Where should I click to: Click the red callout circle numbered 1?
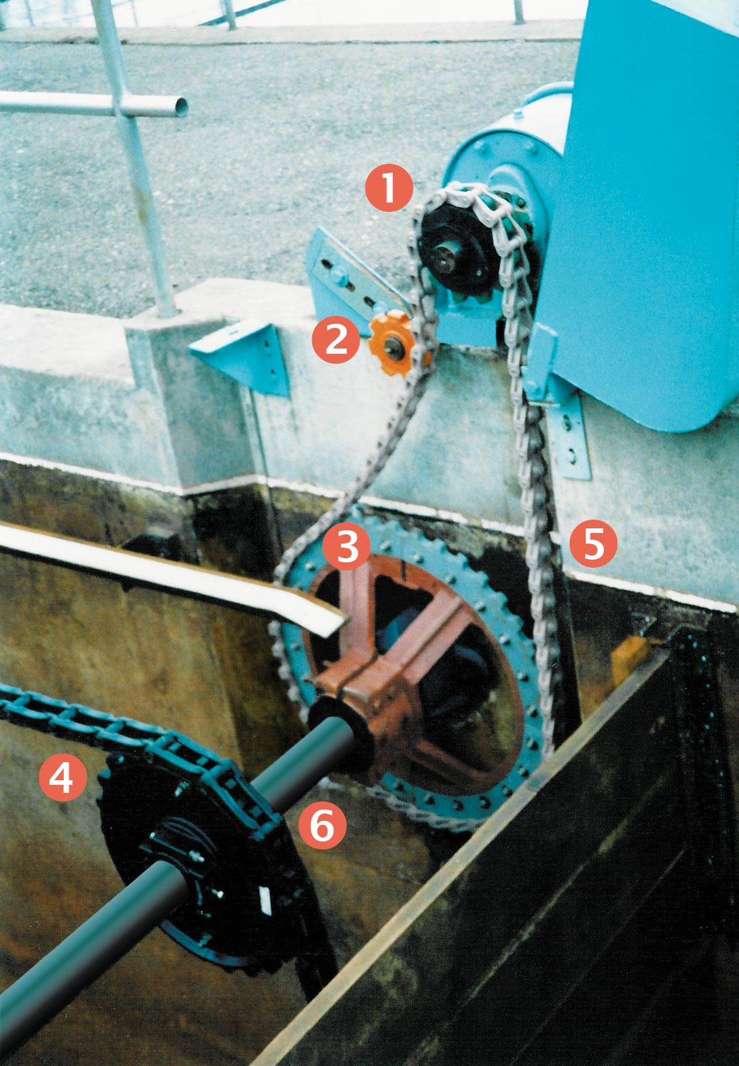click(x=389, y=188)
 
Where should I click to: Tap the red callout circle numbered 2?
click(x=337, y=339)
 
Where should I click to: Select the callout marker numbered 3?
click(x=347, y=546)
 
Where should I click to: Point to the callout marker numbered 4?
click(x=63, y=777)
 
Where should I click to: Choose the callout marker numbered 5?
click(x=593, y=543)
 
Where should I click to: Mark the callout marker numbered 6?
click(x=322, y=825)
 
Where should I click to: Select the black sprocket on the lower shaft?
click(x=200, y=859)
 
